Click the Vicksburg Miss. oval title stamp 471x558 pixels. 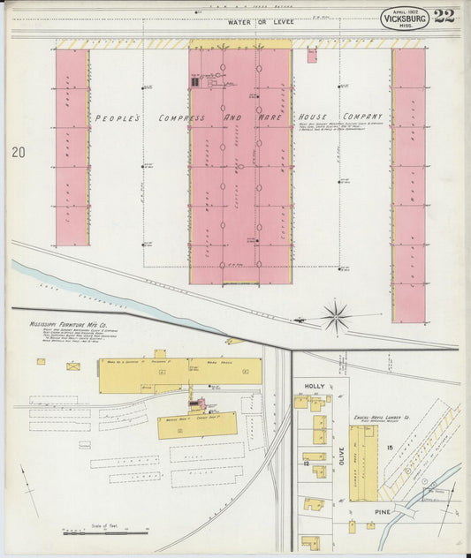coord(406,17)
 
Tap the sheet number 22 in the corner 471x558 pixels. coord(444,16)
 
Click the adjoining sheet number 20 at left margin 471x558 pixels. coord(19,153)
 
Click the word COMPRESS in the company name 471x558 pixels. coord(181,117)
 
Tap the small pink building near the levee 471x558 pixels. coord(312,56)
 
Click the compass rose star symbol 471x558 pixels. coord(336,315)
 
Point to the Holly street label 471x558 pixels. coord(315,387)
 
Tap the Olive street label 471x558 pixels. coord(339,456)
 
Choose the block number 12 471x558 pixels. coord(304,463)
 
